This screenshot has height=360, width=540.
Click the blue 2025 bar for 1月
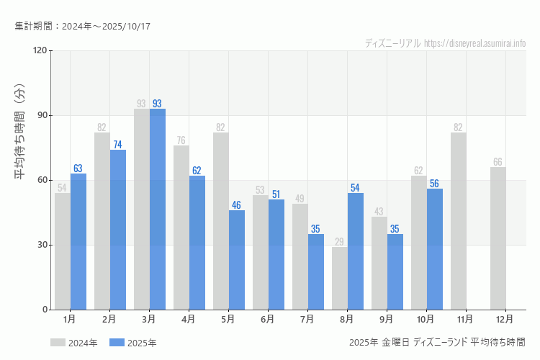pos(78,241)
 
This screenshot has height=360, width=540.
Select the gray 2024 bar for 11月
pos(459,221)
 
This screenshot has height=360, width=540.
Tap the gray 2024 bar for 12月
pos(498,238)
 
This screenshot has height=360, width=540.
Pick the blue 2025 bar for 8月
pos(356,251)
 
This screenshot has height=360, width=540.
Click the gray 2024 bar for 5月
pos(221,221)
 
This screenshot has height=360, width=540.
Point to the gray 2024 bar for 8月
pos(340,278)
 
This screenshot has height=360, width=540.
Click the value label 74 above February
pos(117,145)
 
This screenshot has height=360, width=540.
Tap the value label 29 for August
pos(339,242)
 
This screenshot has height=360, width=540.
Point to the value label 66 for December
pos(498,162)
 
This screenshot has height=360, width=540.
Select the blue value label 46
pos(236,205)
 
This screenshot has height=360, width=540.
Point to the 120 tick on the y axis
pos(39,50)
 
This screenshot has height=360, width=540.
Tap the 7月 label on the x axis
pos(307,318)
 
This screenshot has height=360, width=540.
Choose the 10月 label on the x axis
pos(426,318)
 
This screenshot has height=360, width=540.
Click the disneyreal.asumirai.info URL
pos(475,43)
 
